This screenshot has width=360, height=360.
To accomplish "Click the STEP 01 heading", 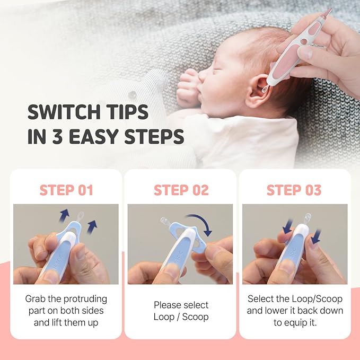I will tap(66, 190).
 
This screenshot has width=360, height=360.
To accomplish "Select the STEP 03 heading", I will tap(294, 190).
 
